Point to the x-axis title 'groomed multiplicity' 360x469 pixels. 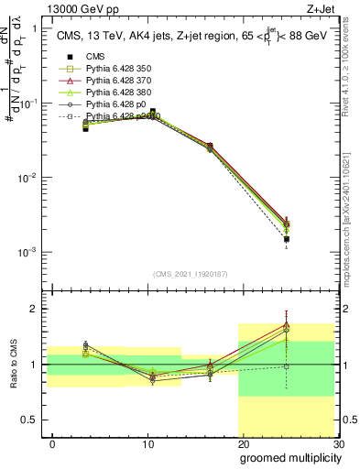pos(289,457)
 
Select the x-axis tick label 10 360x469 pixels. pos(147,444)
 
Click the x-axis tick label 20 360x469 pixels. pos(243,444)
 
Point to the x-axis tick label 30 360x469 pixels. pos(337,444)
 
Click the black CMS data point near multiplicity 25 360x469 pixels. pos(287,239)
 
